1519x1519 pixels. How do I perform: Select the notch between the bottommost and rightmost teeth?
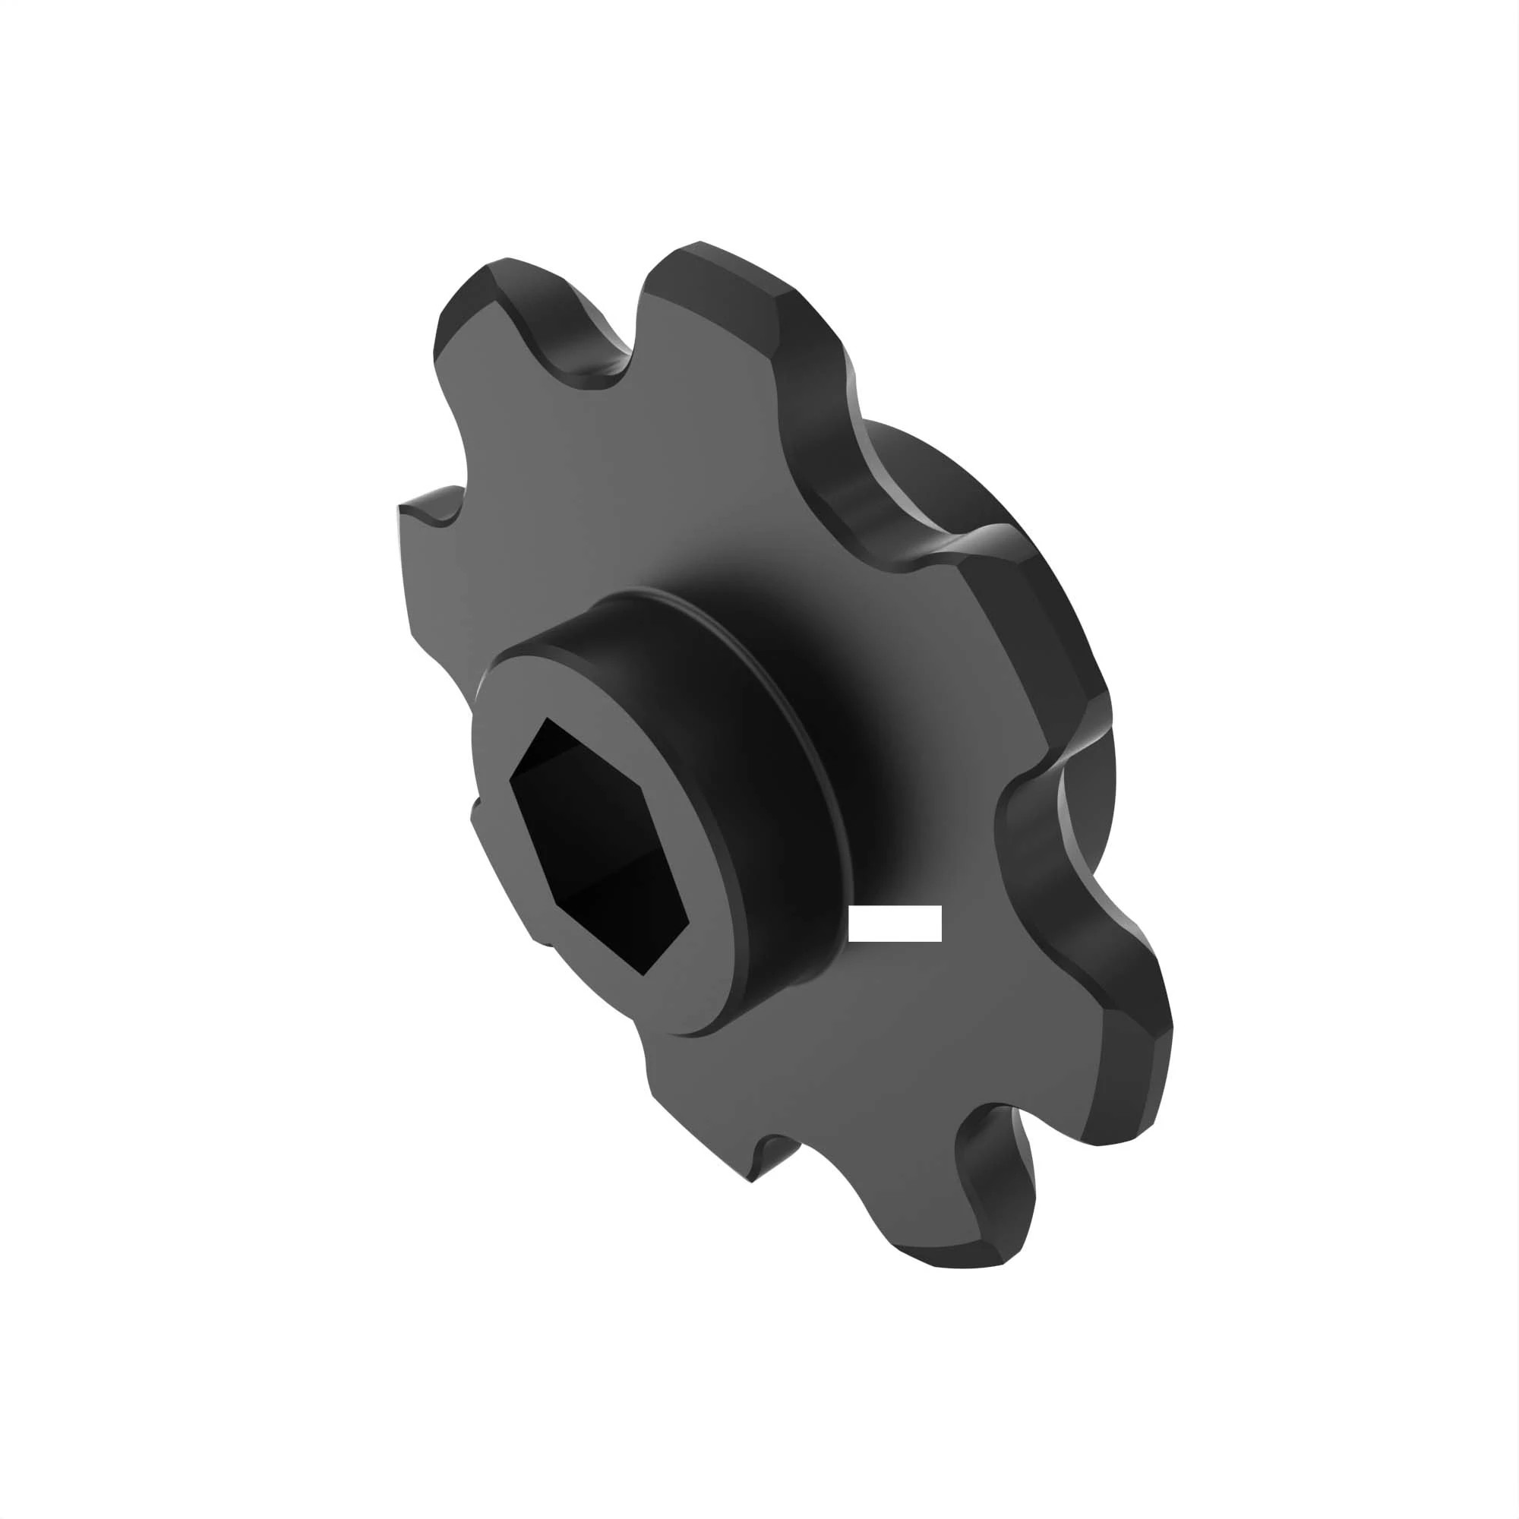(x=990, y=1132)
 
